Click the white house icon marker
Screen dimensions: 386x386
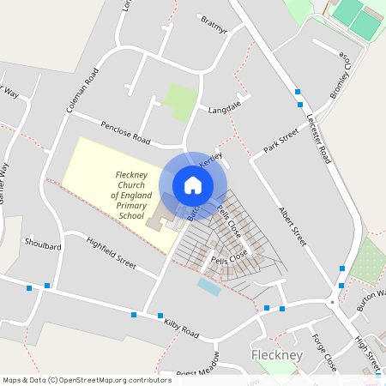pyautogui.click(x=193, y=184)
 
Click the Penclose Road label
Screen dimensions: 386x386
pyautogui.click(x=125, y=132)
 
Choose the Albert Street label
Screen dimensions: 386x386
pyautogui.click(x=293, y=226)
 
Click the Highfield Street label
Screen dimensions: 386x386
pyautogui.click(x=112, y=253)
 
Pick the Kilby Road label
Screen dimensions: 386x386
pyautogui.click(x=178, y=324)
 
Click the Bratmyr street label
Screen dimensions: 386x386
pyautogui.click(x=214, y=23)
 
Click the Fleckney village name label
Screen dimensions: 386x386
pyautogui.click(x=273, y=355)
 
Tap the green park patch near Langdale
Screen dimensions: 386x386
pyautogui.click(x=180, y=101)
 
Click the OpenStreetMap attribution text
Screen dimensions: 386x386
pyautogui.click(x=87, y=379)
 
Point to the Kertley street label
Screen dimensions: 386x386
pyautogui.click(x=211, y=160)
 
